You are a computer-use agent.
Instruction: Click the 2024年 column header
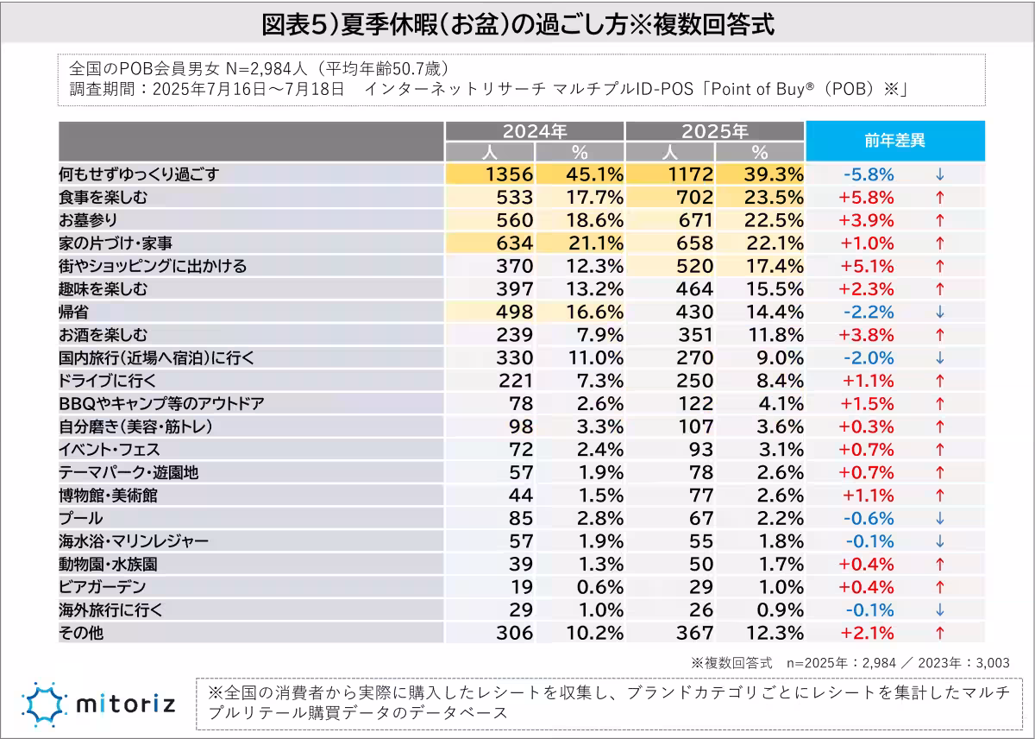click(535, 131)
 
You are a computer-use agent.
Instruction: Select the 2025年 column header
click(714, 131)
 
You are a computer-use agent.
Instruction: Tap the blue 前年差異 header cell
click(894, 141)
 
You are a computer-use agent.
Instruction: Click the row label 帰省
click(73, 312)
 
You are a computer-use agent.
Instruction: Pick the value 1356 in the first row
click(510, 174)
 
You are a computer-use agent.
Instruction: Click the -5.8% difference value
click(869, 174)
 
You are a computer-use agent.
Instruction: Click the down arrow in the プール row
click(940, 518)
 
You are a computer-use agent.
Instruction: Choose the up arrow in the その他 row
click(940, 633)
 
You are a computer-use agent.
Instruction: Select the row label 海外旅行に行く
click(110, 610)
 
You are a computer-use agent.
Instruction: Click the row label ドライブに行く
click(110, 381)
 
